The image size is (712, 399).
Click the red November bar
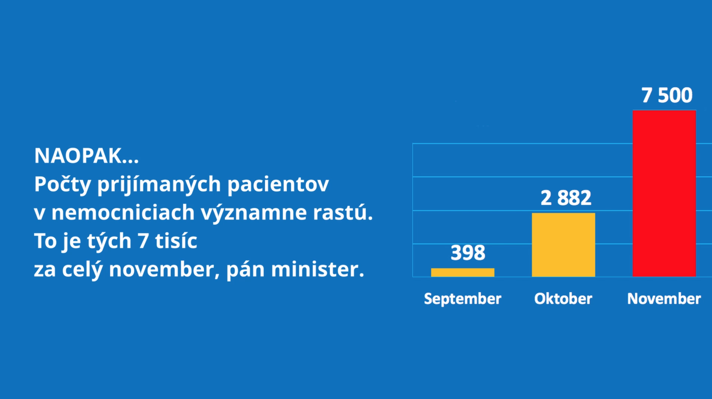664,193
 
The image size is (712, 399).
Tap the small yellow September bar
463,272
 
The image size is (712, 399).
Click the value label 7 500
667,95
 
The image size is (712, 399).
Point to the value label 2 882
566,198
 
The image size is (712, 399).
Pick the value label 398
468,253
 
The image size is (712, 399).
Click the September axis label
463,299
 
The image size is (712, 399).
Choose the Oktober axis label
563,299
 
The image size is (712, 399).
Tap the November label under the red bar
664,299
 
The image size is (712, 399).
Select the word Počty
62,185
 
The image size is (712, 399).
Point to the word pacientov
278,185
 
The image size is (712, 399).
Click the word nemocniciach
123,212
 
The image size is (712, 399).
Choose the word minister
318,269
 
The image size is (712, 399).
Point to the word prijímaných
159,185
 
